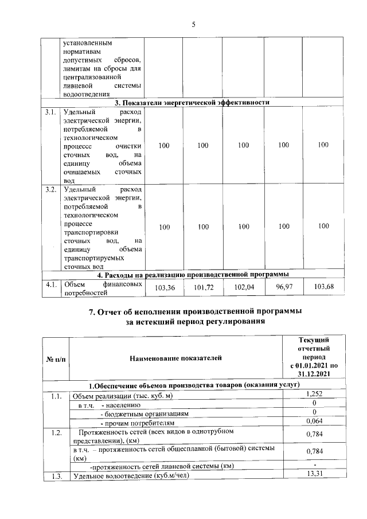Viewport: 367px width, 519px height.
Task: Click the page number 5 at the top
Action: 193,24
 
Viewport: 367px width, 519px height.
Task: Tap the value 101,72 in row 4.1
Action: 204,287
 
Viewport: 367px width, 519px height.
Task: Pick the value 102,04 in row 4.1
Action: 244,287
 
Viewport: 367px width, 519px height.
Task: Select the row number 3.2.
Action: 50,189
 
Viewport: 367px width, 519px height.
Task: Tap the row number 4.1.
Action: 50,283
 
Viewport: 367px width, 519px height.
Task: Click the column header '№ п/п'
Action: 56,358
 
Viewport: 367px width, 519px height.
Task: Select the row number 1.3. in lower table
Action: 56,475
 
